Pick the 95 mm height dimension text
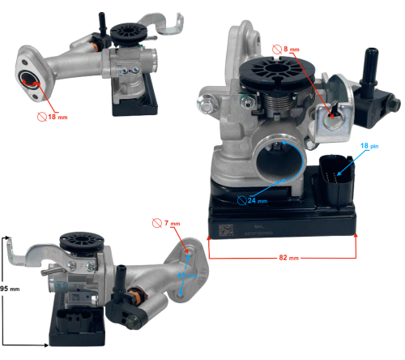click(x=8, y=286)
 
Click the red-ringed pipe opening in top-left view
click(x=30, y=79)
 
